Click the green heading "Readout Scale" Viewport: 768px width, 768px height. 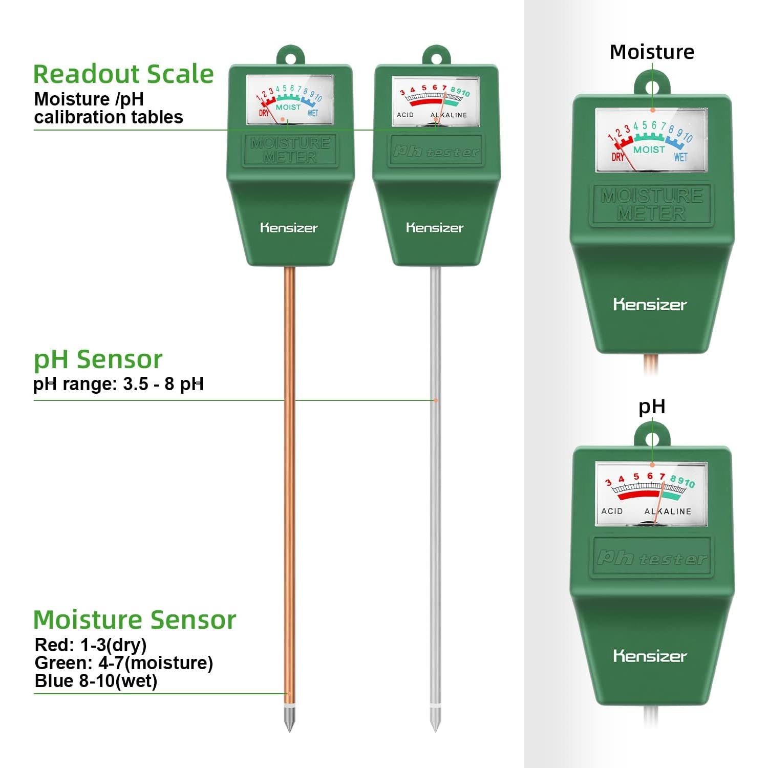(123, 74)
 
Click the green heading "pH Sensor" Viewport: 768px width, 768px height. (98, 360)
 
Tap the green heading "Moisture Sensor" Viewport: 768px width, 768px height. (135, 620)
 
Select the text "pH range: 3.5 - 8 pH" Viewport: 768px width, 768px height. (118, 383)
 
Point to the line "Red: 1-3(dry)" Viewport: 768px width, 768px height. (91, 645)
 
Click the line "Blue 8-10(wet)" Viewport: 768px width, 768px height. (96, 681)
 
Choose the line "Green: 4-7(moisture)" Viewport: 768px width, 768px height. (124, 663)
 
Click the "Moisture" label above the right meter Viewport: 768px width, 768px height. (652, 52)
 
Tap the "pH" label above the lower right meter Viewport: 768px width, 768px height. (652, 407)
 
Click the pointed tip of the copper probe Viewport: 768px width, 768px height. (289, 731)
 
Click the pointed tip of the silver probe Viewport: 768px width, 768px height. (435, 731)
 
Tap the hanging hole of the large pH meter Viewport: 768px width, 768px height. (652, 439)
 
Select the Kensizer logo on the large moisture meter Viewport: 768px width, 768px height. (650, 305)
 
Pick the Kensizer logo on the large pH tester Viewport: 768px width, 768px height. (650, 656)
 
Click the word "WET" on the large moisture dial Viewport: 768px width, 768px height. (680, 157)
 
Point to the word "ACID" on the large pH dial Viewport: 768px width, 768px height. (612, 511)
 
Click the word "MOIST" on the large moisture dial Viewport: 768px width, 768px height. (649, 150)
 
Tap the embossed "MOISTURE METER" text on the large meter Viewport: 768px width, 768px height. (651, 204)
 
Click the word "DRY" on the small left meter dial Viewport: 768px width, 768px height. (264, 113)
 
